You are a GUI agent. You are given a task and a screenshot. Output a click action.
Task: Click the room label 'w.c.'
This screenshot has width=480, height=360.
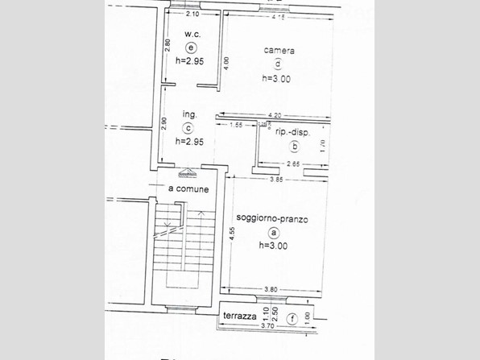tap(192, 35)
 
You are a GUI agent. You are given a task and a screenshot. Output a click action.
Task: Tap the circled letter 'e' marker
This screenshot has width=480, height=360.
tap(191, 48)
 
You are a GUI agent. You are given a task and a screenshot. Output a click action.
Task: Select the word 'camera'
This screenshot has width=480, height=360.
tap(279, 50)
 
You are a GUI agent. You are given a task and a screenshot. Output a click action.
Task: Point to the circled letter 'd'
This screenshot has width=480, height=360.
tap(278, 64)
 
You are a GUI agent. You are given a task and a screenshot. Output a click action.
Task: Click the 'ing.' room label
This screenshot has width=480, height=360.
tap(190, 114)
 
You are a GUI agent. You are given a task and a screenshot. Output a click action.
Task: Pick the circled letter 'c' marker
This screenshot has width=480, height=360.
tap(188, 127)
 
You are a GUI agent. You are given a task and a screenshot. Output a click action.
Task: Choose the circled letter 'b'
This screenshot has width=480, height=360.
tap(295, 147)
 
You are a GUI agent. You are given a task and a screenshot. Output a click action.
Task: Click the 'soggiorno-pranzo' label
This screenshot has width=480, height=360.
tap(272, 218)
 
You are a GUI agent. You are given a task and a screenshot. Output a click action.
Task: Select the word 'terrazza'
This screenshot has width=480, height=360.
tap(240, 317)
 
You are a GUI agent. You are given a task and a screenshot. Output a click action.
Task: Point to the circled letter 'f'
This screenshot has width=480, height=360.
tap(292, 317)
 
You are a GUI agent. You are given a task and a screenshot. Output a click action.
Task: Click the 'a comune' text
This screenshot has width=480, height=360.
tap(188, 189)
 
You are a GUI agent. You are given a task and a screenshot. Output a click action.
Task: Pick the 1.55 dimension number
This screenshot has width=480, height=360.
tap(237, 125)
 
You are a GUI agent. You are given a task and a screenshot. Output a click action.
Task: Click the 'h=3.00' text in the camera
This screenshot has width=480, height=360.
tap(276, 79)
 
